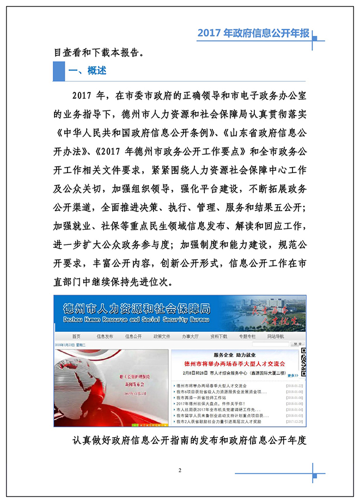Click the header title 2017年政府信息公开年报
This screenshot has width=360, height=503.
253,34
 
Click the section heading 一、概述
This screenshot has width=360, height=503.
87,71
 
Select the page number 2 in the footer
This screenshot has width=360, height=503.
179,470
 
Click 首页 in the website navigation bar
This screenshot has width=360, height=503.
76,336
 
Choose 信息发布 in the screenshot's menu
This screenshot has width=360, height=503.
105,336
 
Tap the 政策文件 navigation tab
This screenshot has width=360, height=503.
162,336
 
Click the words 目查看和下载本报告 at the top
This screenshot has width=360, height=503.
99,53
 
